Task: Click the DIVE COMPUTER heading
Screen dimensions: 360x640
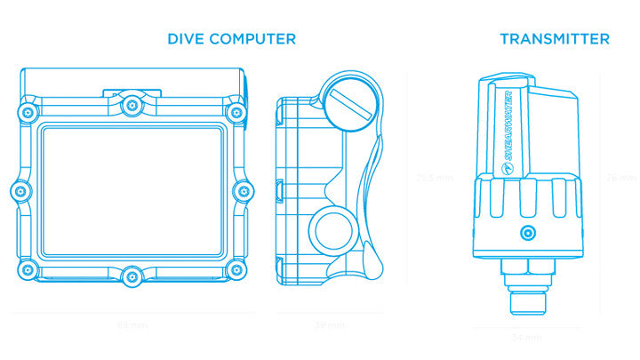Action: click(x=231, y=39)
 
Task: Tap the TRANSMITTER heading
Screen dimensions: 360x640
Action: click(x=554, y=39)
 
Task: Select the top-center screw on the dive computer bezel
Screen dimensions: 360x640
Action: click(x=132, y=104)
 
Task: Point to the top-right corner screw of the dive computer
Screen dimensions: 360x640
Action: click(x=236, y=111)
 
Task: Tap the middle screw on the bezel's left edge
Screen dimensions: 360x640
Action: click(x=21, y=191)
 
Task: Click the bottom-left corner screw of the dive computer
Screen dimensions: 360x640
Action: click(x=28, y=269)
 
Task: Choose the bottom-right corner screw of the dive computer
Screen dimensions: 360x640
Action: click(x=236, y=269)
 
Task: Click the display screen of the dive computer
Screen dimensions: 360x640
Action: click(x=132, y=189)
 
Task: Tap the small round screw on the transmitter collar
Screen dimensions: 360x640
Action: click(x=528, y=233)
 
